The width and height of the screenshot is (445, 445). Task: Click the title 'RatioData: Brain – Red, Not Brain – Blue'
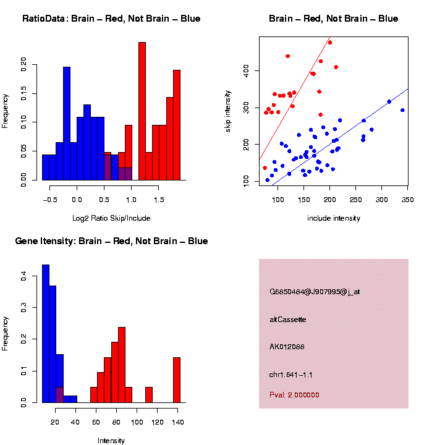tap(111, 19)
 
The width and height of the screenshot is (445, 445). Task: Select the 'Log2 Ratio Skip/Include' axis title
tap(111, 218)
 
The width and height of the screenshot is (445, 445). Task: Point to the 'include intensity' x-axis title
tap(333, 218)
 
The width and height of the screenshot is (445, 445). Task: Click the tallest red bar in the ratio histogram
tap(142, 111)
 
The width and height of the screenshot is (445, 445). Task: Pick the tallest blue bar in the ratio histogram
tap(67, 124)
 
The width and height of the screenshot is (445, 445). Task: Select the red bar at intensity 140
tap(177, 379)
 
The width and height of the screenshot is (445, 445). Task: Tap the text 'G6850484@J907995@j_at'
tap(315, 292)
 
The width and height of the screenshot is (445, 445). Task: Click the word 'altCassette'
tap(288, 320)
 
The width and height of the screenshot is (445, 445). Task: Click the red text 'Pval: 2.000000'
tap(294, 394)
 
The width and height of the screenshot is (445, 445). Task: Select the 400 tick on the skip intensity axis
tap(251, 71)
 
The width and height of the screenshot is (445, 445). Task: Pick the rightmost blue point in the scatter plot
tap(402, 110)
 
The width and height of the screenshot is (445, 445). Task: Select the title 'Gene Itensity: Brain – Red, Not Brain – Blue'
tap(111, 241)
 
